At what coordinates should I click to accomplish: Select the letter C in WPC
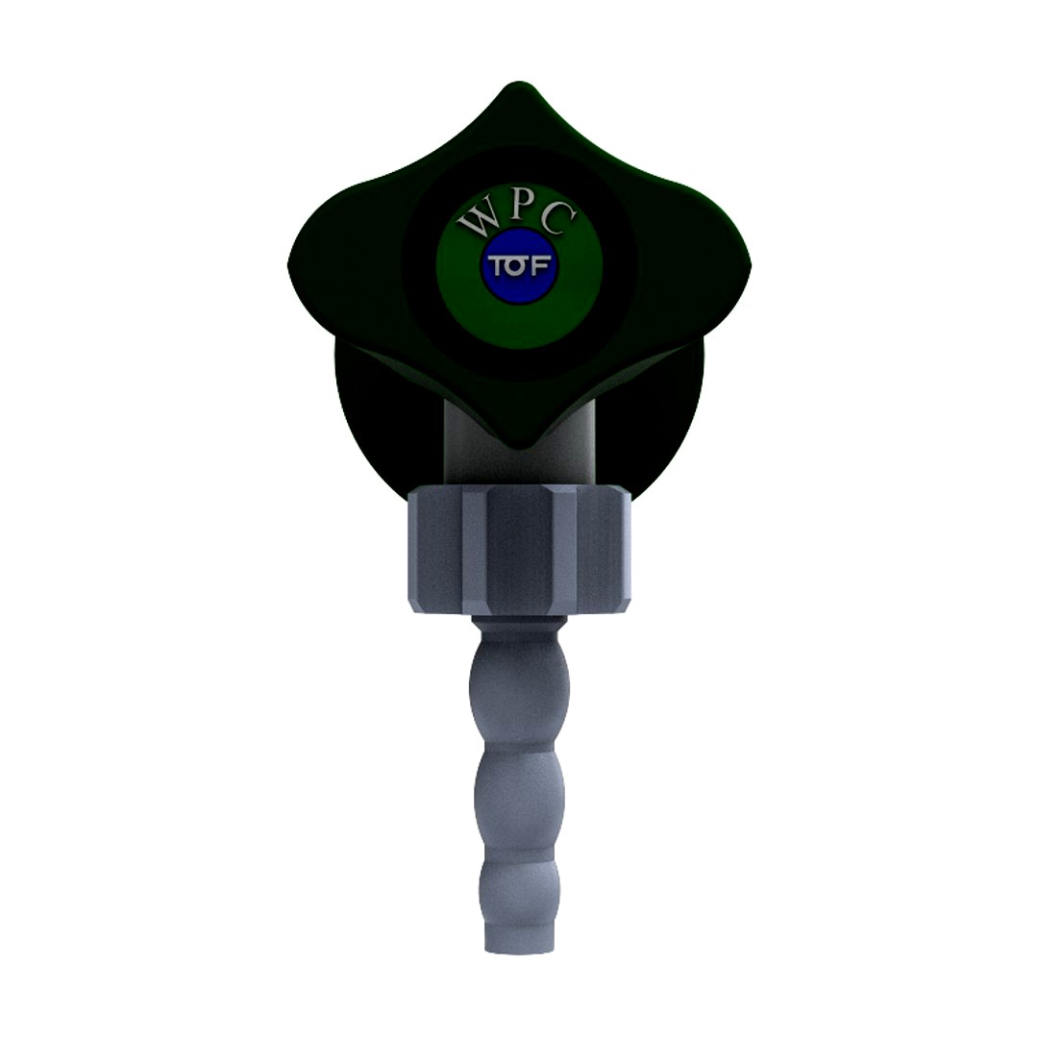pyautogui.click(x=557, y=222)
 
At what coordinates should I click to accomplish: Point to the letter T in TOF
pyautogui.click(x=499, y=266)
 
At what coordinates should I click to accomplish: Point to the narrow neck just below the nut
pyautogui.click(x=519, y=630)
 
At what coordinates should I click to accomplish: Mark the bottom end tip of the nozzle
pyautogui.click(x=519, y=947)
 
